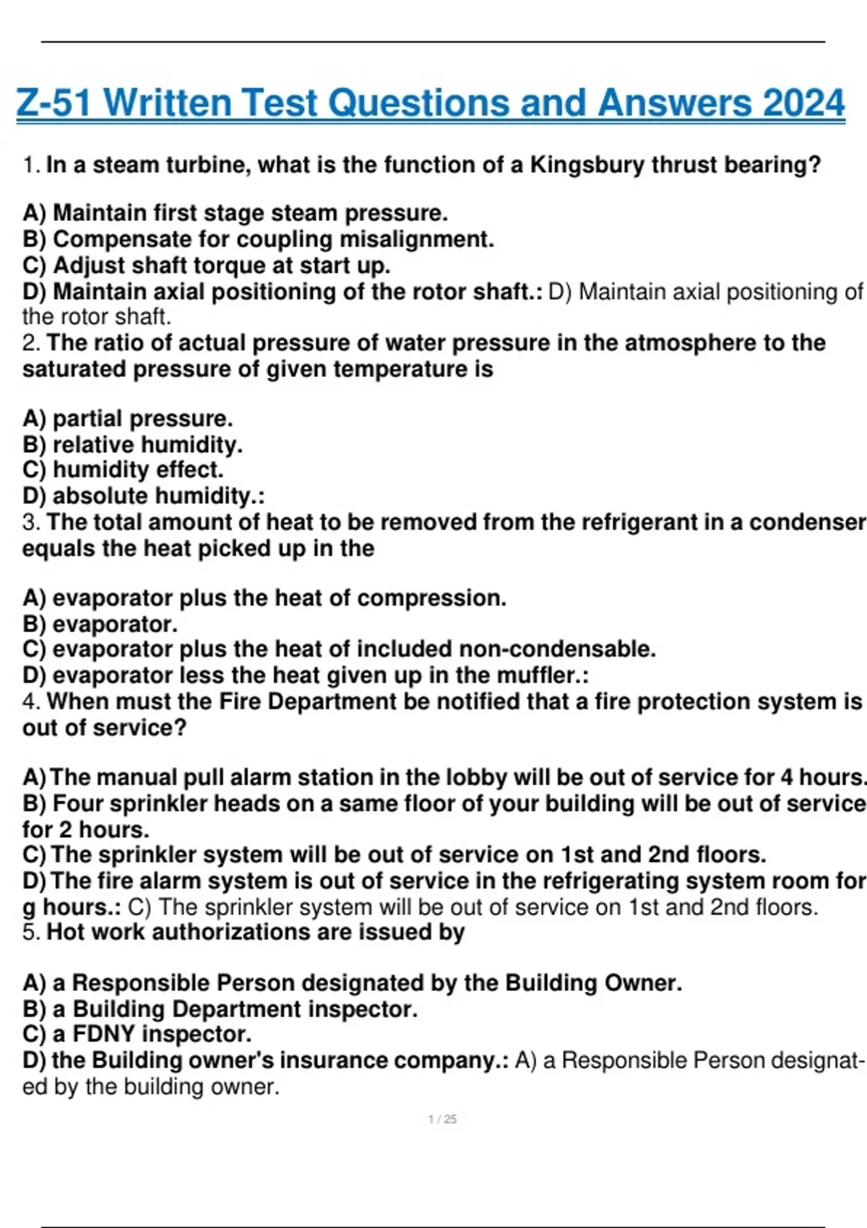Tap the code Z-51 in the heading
(x=54, y=103)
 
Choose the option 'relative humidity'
(x=147, y=444)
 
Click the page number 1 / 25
(x=442, y=1120)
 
